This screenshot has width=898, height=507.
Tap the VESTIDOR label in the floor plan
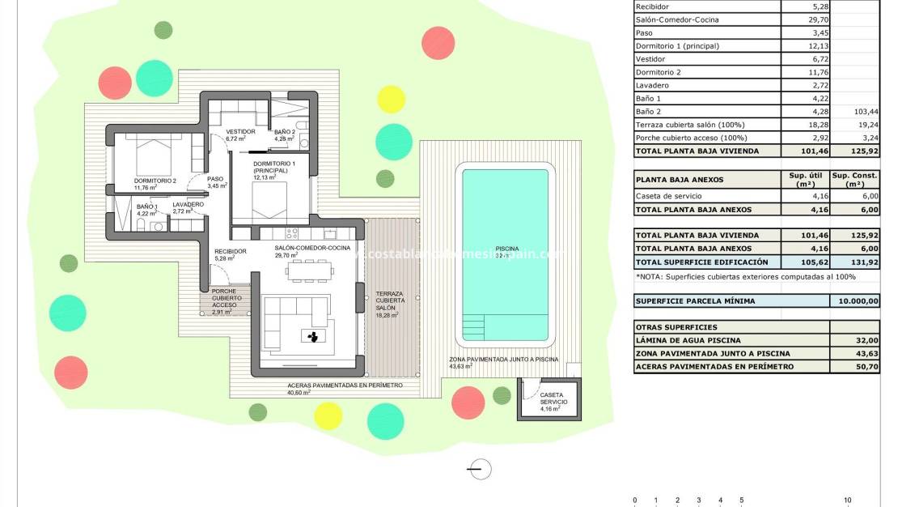240,132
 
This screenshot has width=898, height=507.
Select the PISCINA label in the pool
506,249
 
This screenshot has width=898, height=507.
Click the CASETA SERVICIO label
553,398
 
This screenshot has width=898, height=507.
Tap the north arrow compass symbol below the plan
480,468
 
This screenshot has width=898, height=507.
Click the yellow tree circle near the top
391,99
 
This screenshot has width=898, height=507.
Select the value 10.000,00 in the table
854,301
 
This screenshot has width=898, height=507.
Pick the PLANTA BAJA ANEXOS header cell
680,180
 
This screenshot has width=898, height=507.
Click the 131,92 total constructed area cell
854,262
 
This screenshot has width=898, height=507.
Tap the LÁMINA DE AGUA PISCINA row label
688,341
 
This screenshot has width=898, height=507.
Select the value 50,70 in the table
854,367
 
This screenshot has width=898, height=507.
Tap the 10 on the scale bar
847,501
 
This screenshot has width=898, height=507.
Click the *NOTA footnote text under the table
745,277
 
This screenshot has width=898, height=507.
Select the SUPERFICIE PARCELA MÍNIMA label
695,301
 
